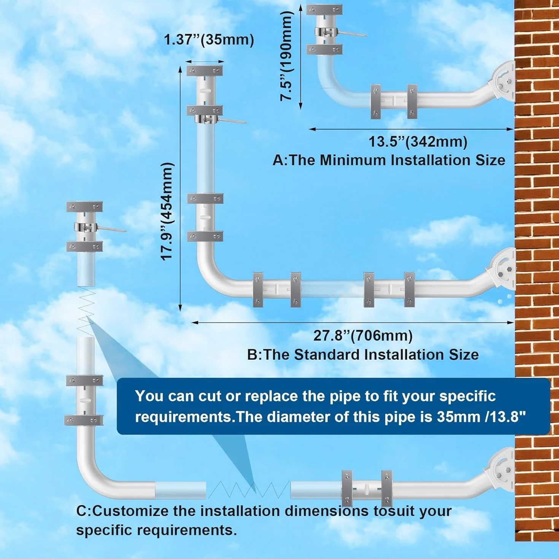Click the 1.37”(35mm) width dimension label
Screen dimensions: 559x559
coord(209,40)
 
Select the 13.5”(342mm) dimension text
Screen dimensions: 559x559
coord(418,142)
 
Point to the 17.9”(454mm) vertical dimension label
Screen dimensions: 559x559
coord(167,211)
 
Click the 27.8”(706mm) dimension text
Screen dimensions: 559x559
coord(363,336)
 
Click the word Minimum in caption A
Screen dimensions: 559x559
coord(353,160)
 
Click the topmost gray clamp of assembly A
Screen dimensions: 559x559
coord(324,9)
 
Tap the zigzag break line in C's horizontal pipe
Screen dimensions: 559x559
coord(249,490)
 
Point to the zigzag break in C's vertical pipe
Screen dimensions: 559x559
coord(86,311)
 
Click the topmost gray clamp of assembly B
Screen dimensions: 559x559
coord(205,70)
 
